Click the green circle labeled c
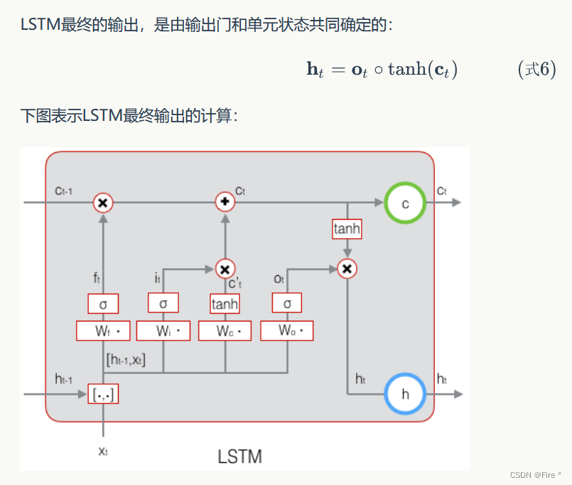(x=405, y=203)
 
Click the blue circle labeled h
(x=405, y=393)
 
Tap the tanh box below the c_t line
(x=347, y=229)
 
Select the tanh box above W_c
(x=225, y=304)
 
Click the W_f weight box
(x=103, y=331)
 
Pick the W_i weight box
(x=163, y=331)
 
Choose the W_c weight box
(x=225, y=331)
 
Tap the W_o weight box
(x=287, y=331)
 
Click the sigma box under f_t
(x=103, y=304)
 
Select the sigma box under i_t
(x=163, y=304)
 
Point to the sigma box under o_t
(x=287, y=304)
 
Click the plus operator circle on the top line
(x=225, y=203)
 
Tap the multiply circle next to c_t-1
(x=103, y=203)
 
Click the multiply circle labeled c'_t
(x=225, y=269)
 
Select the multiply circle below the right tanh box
(x=347, y=269)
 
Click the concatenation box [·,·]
(x=103, y=393)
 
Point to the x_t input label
(x=103, y=451)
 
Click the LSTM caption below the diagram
(x=239, y=456)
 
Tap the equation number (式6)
(x=536, y=70)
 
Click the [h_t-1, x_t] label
(x=126, y=360)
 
